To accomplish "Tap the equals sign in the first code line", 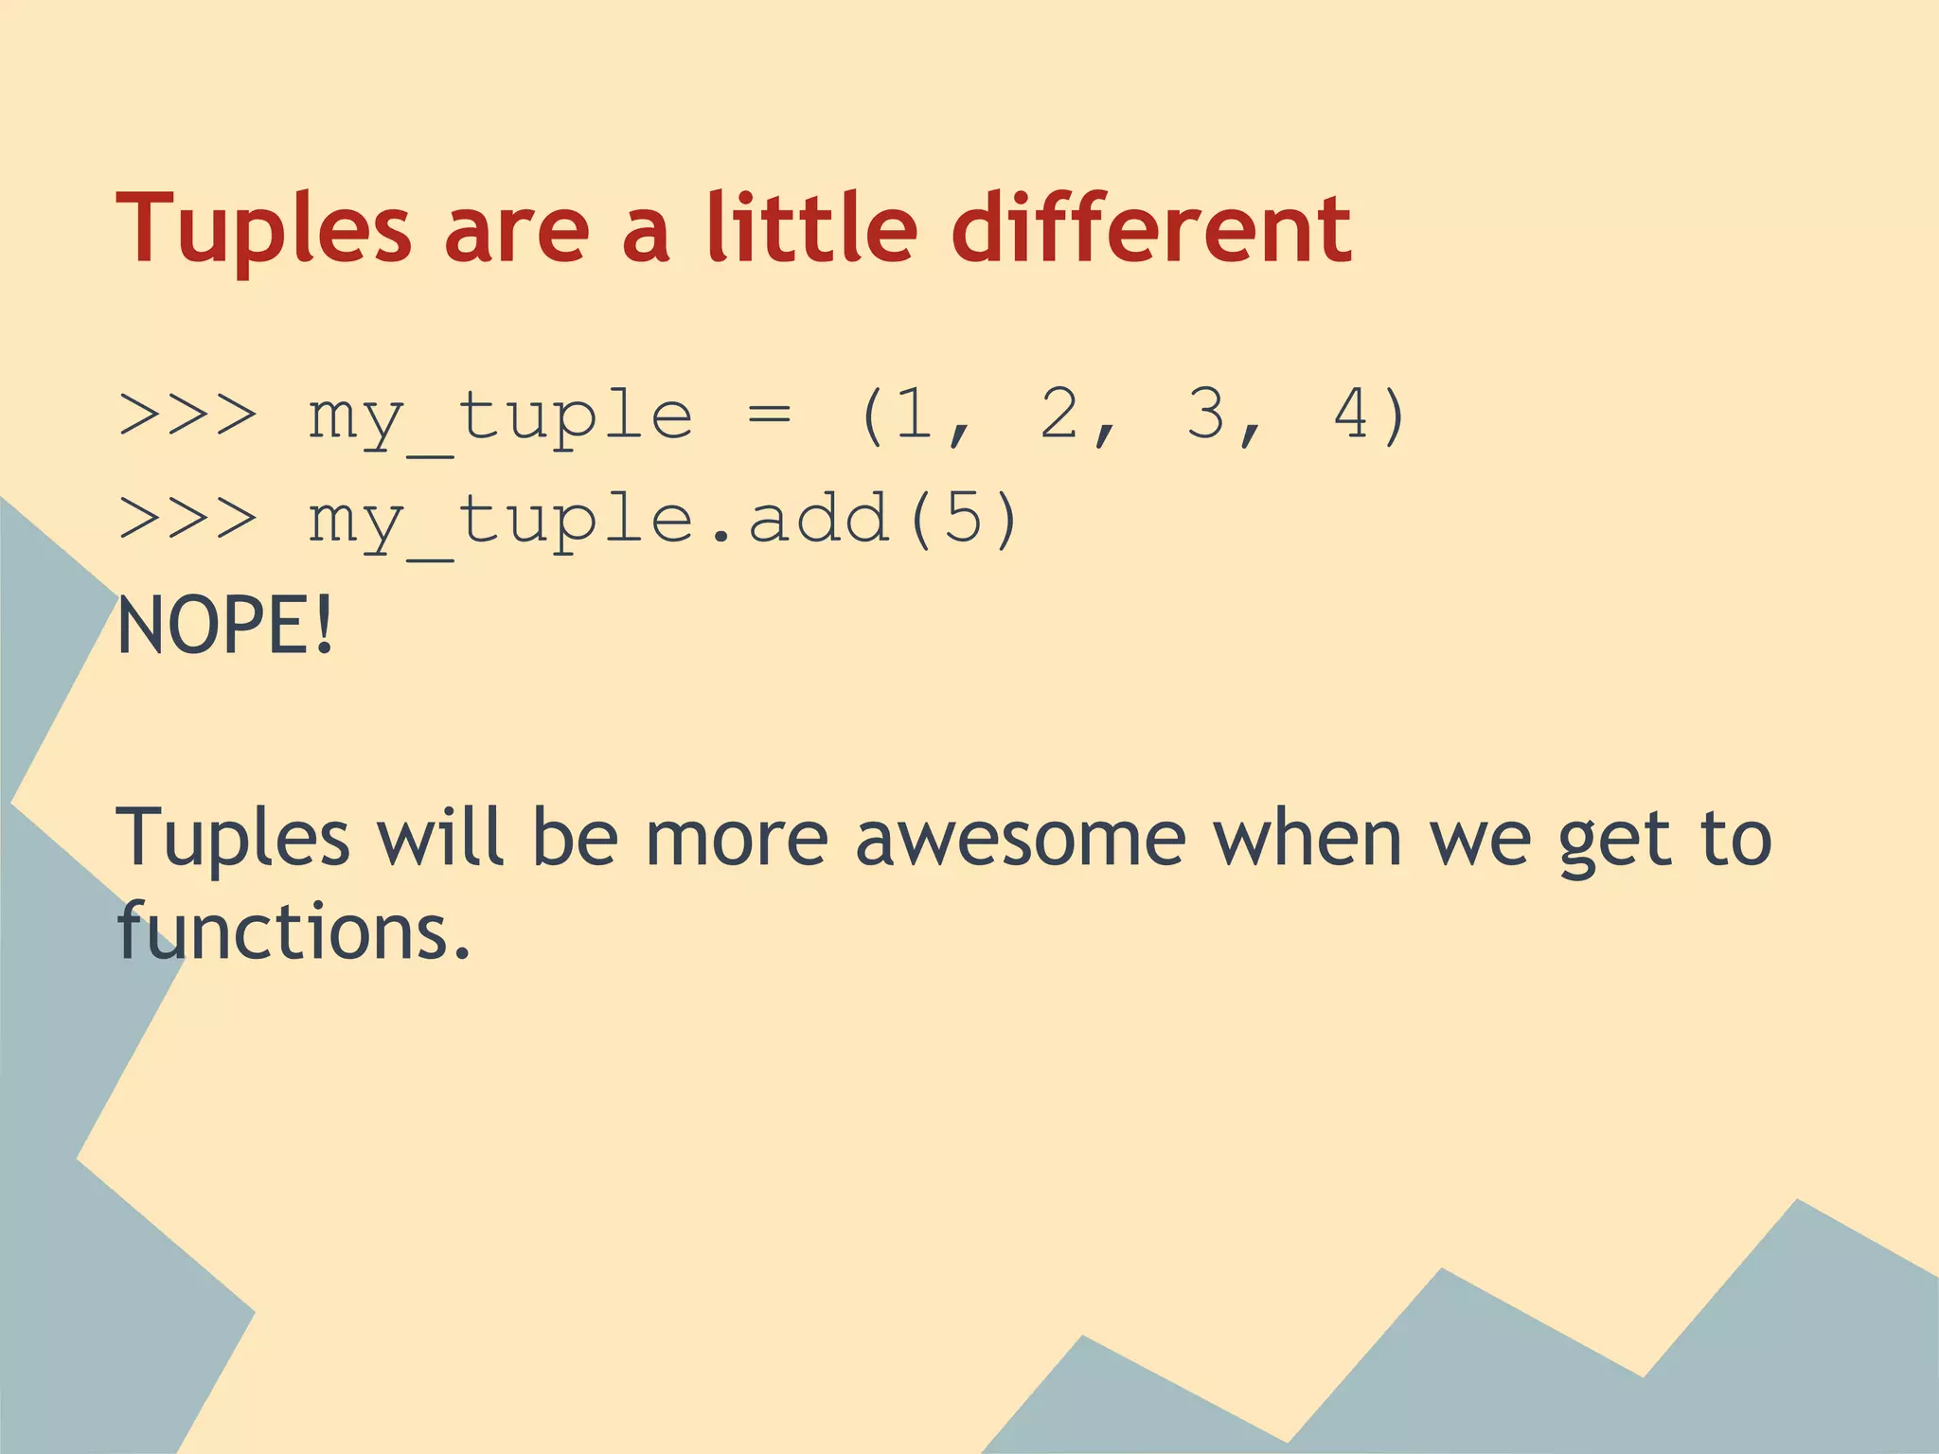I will [x=769, y=417].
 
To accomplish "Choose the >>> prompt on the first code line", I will [x=187, y=417].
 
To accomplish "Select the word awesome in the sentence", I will [x=1020, y=838].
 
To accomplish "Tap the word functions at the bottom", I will [x=294, y=931].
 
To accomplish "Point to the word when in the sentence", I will [x=1307, y=838].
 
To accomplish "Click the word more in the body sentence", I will [x=736, y=838].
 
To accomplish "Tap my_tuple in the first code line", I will [x=500, y=417].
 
